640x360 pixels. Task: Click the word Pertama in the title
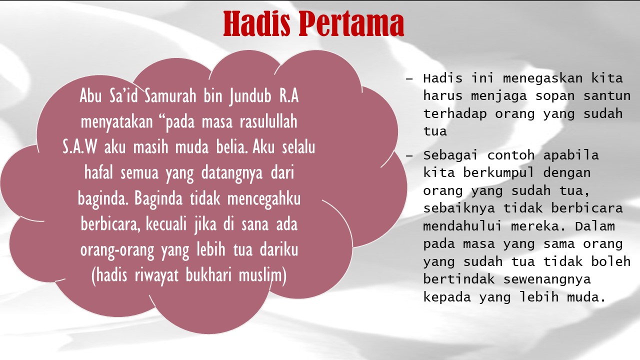point(351,23)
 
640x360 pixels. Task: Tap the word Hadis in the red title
point(256,23)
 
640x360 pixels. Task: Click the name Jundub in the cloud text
point(250,96)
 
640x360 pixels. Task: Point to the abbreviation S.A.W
point(79,147)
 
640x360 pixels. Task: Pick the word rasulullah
point(268,121)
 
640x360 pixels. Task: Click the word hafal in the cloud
point(98,172)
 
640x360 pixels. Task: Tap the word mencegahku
point(263,199)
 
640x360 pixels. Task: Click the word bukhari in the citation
point(208,275)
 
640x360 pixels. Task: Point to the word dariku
point(279,249)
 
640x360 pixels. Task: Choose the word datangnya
point(232,173)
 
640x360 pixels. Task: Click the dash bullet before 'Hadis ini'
point(409,78)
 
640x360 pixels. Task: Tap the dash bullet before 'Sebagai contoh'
point(409,155)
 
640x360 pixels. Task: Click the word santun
point(607,96)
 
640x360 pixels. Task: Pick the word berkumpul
point(498,173)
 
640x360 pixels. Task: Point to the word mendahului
point(462,226)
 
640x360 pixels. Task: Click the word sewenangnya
point(546,279)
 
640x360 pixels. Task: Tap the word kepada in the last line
point(447,297)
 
